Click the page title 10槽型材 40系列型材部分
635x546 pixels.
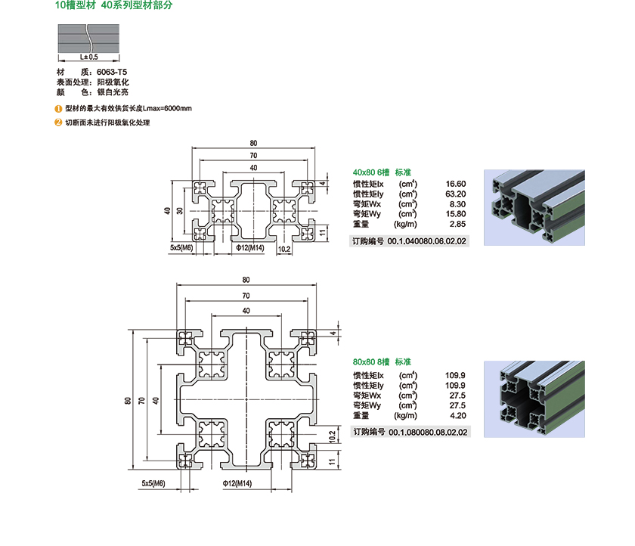tap(114, 6)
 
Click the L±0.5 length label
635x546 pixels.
tap(88, 56)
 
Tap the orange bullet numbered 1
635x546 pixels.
tap(59, 108)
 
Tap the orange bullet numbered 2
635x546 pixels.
tap(59, 122)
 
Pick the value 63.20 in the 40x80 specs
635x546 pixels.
tap(455, 194)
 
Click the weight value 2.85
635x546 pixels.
tap(457, 224)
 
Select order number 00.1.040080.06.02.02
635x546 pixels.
tap(427, 241)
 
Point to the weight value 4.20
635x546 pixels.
tap(457, 415)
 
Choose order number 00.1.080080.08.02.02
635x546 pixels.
tap(427, 432)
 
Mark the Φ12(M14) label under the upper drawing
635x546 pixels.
tap(250, 247)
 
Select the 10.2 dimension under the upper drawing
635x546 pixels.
tap(284, 247)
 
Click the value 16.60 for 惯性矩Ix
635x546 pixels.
tap(456, 184)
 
